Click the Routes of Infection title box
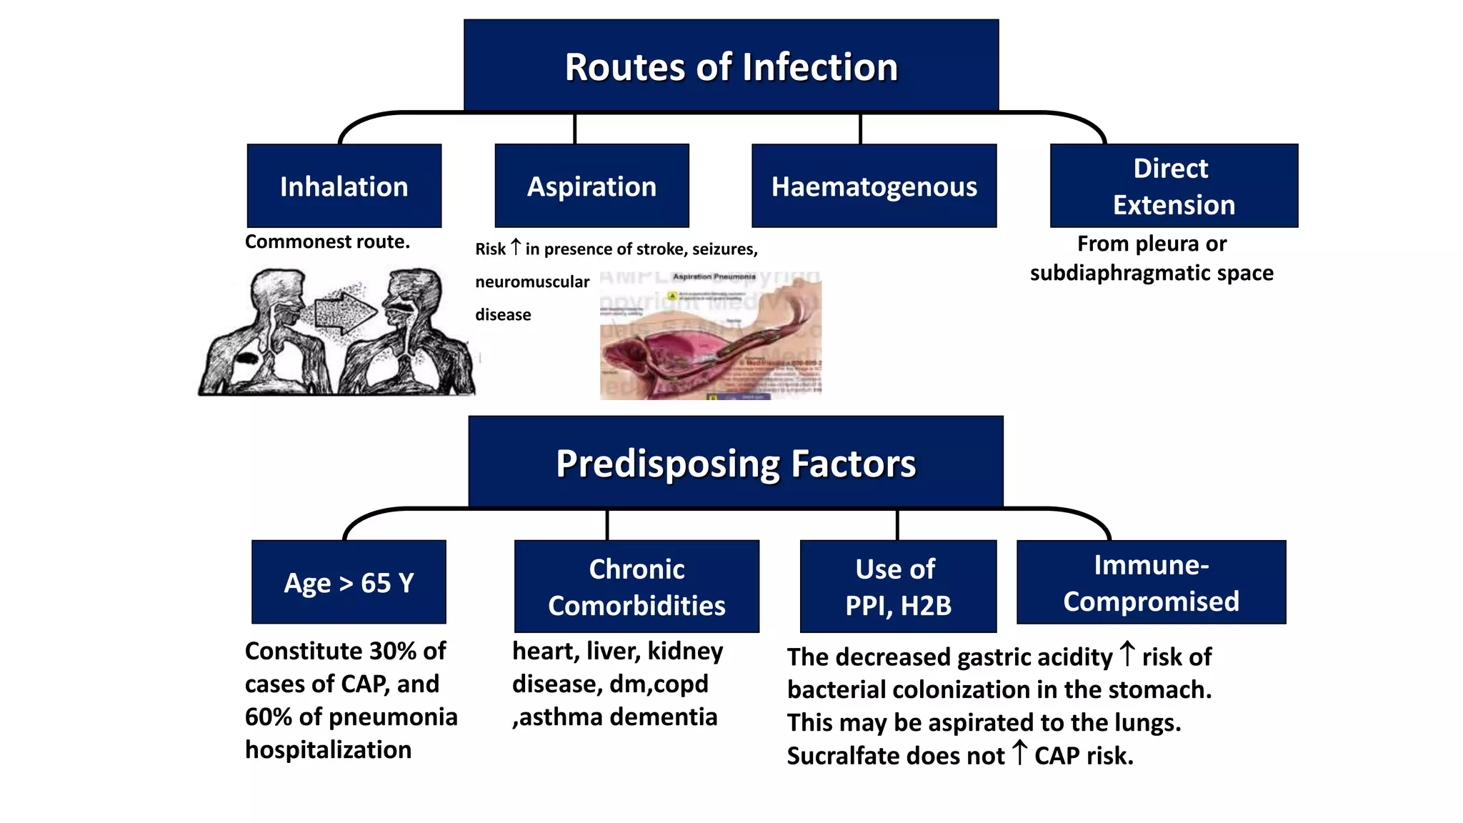pyautogui.click(x=731, y=66)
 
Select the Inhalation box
pyautogui.click(x=344, y=186)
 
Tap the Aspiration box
pyautogui.click(x=591, y=186)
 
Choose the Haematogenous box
pyautogui.click(x=874, y=186)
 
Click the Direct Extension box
pyautogui.click(x=1173, y=186)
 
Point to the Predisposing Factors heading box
pyautogui.click(x=735, y=462)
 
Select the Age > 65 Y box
pyautogui.click(x=349, y=582)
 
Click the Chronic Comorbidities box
pyautogui.click(x=636, y=587)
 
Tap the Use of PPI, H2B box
pyautogui.click(x=898, y=587)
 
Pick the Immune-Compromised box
pyautogui.click(x=1151, y=582)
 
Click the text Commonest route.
pyautogui.click(x=327, y=241)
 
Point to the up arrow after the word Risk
pyautogui.click(x=515, y=247)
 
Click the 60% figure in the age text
pyautogui.click(x=268, y=717)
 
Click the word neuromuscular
pyautogui.click(x=532, y=281)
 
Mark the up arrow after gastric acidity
pyautogui.click(x=1127, y=653)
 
